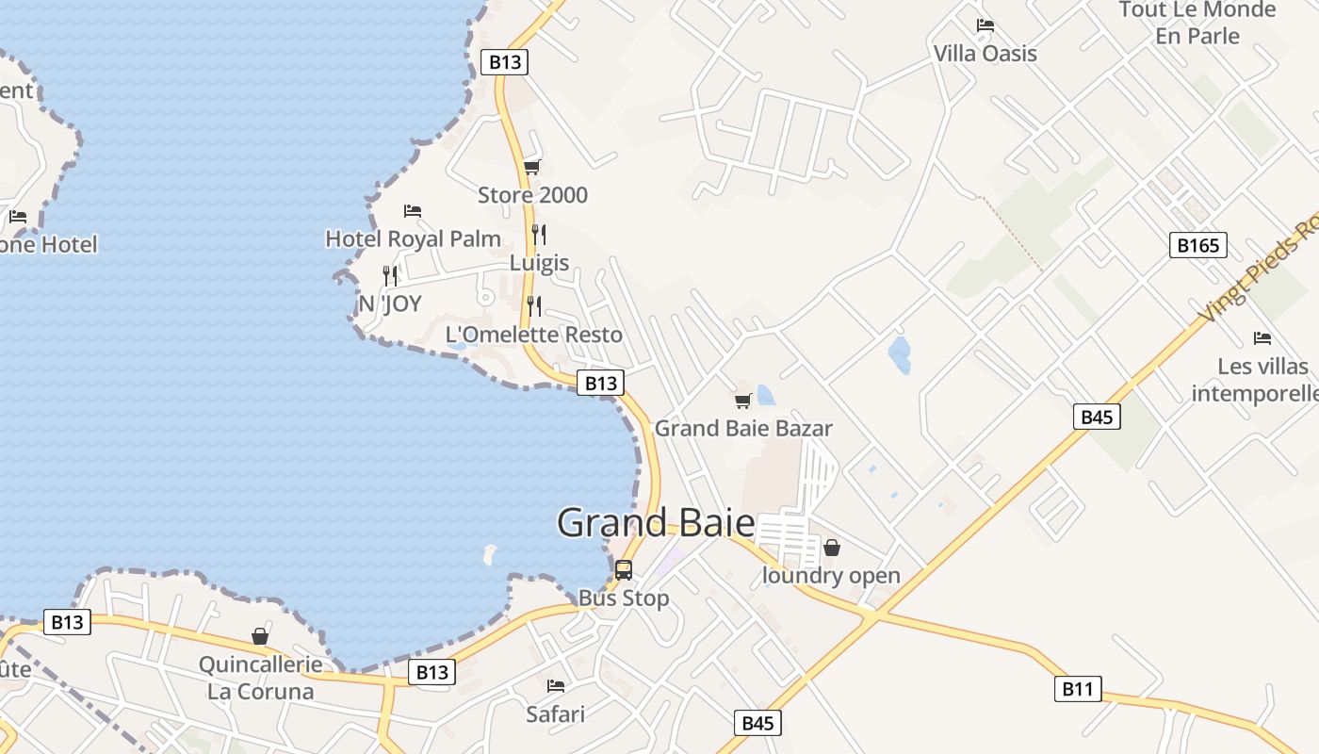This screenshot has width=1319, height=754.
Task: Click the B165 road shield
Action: (1198, 246)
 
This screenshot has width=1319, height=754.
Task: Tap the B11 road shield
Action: (1077, 689)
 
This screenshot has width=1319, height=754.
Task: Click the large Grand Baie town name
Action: (656, 523)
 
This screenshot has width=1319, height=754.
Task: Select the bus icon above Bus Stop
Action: (624, 569)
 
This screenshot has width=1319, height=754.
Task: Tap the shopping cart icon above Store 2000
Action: (532, 168)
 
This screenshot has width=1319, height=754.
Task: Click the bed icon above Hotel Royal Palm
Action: (413, 210)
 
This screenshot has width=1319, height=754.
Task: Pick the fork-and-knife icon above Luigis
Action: (539, 234)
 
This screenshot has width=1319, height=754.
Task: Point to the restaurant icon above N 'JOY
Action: (390, 275)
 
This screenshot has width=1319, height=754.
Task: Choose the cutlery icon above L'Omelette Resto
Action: (534, 305)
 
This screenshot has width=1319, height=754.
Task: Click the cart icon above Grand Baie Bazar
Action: (743, 401)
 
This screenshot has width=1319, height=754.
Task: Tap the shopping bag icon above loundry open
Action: (832, 547)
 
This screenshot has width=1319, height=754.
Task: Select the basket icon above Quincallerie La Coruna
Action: (260, 636)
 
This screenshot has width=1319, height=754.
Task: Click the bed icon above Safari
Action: (556, 686)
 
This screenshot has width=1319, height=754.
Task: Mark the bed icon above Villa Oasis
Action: (985, 25)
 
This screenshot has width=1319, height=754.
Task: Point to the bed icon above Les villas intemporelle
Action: (1262, 337)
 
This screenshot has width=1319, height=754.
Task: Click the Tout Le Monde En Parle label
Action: (1197, 23)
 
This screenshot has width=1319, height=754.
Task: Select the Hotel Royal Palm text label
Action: (413, 238)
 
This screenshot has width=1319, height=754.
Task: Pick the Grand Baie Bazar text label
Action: (743, 428)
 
